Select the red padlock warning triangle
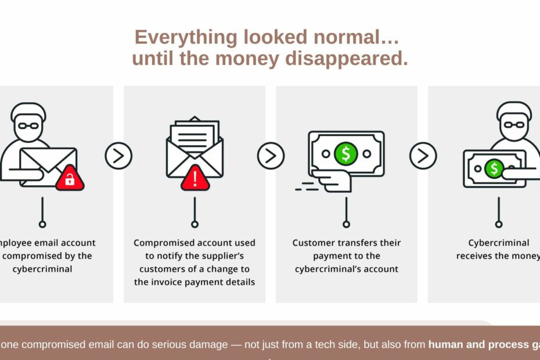(70, 178)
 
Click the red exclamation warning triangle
(195, 178)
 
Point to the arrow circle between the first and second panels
(118, 156)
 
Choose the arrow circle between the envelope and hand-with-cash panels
(271, 156)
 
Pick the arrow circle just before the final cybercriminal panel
(423, 156)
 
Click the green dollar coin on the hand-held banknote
(346, 154)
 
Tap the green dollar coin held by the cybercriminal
(495, 168)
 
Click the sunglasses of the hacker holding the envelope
(27, 125)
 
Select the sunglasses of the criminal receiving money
(514, 125)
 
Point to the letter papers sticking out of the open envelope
(195, 136)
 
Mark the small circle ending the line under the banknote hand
(346, 224)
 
